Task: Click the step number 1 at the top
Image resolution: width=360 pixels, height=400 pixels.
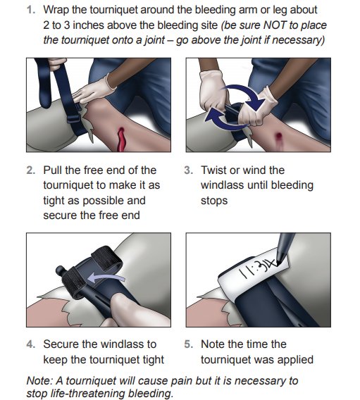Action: [30, 10]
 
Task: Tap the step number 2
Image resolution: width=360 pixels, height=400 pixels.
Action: [30, 170]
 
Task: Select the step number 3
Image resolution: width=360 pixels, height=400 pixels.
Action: [188, 170]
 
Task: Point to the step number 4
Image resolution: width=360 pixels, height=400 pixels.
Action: [30, 344]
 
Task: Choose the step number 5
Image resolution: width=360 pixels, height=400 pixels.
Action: [188, 344]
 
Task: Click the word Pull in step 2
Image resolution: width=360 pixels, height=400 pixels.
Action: [53, 170]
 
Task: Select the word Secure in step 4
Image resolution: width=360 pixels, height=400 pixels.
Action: [61, 344]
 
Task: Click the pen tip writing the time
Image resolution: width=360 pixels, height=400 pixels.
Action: [278, 262]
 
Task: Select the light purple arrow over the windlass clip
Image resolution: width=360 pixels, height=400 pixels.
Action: [105, 277]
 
